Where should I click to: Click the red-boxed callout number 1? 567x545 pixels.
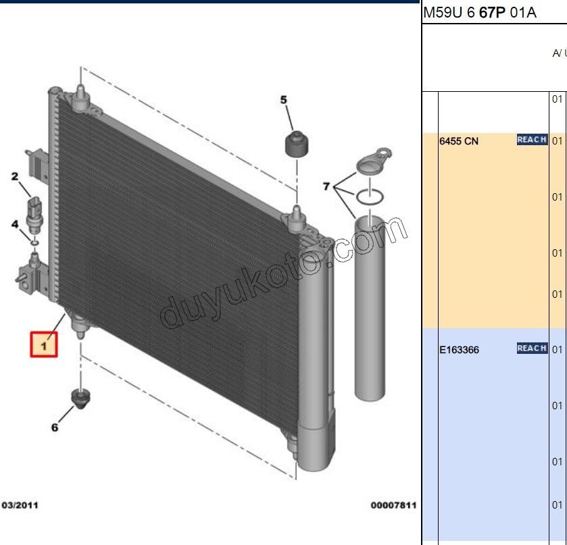tap(44, 345)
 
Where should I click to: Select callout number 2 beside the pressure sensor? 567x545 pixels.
tap(14, 177)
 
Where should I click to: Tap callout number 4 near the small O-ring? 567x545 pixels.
tap(14, 224)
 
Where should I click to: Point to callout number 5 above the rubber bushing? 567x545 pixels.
tap(284, 100)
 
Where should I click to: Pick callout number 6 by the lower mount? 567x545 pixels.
tap(55, 427)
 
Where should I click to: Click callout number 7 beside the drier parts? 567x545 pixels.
tap(326, 186)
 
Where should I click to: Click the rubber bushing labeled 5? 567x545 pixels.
tap(297, 145)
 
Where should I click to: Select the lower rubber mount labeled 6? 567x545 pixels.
tap(80, 398)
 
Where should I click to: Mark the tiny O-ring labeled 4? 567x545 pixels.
tap(34, 242)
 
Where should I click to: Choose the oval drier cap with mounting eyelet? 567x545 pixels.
tap(374, 160)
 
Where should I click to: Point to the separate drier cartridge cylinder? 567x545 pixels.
tap(370, 308)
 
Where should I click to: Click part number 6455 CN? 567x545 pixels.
tap(458, 141)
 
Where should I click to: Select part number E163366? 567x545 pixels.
tap(459, 350)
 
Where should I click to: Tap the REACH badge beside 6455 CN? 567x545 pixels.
tap(532, 140)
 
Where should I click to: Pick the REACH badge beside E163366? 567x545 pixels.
tap(532, 348)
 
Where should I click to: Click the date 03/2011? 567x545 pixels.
tap(20, 505)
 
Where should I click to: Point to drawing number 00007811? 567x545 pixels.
tap(393, 505)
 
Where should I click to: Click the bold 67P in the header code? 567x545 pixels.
tap(492, 13)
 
